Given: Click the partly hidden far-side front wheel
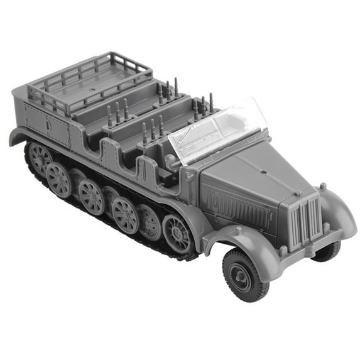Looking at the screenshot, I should [x=327, y=251].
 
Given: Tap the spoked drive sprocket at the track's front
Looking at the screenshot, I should [x=177, y=233].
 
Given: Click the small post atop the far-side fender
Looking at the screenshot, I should [x=322, y=186].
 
